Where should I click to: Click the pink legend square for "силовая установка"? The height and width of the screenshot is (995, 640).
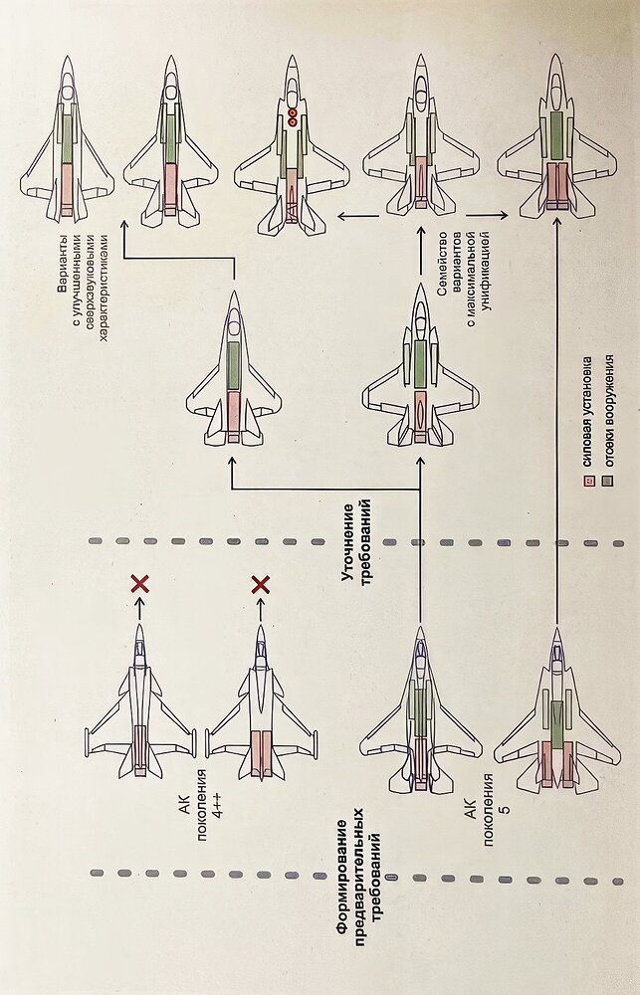click(x=587, y=482)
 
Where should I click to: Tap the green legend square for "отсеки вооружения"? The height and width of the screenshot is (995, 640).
click(x=606, y=482)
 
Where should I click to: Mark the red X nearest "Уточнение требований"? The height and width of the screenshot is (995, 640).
click(x=261, y=584)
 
